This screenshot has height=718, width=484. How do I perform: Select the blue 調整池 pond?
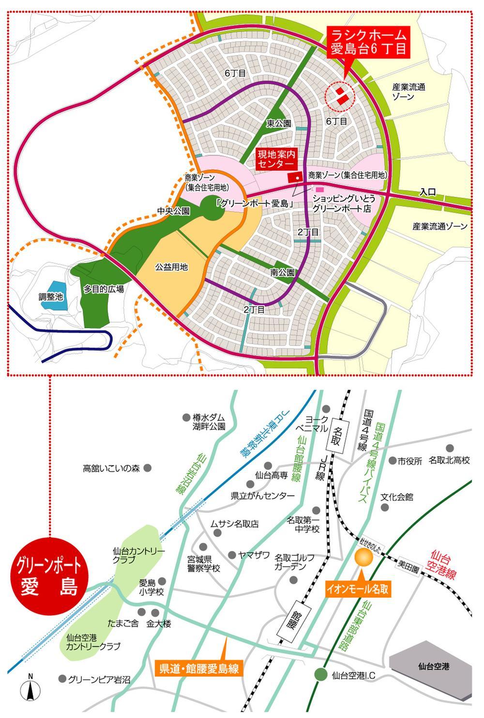point(52,296)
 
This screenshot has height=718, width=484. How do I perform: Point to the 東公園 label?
point(279,124)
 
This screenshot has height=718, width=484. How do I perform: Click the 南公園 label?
point(283,273)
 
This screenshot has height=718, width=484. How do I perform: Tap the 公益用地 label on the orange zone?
point(171,267)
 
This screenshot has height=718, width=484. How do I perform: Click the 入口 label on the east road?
point(427,192)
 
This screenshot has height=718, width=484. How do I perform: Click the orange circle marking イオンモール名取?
point(364,558)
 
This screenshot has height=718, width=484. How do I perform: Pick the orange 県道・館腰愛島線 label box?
point(199,669)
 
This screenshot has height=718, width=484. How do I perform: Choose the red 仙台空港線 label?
point(448,563)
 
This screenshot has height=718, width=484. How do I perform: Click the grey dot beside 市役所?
point(388,461)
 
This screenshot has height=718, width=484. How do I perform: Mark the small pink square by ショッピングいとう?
point(319,189)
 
